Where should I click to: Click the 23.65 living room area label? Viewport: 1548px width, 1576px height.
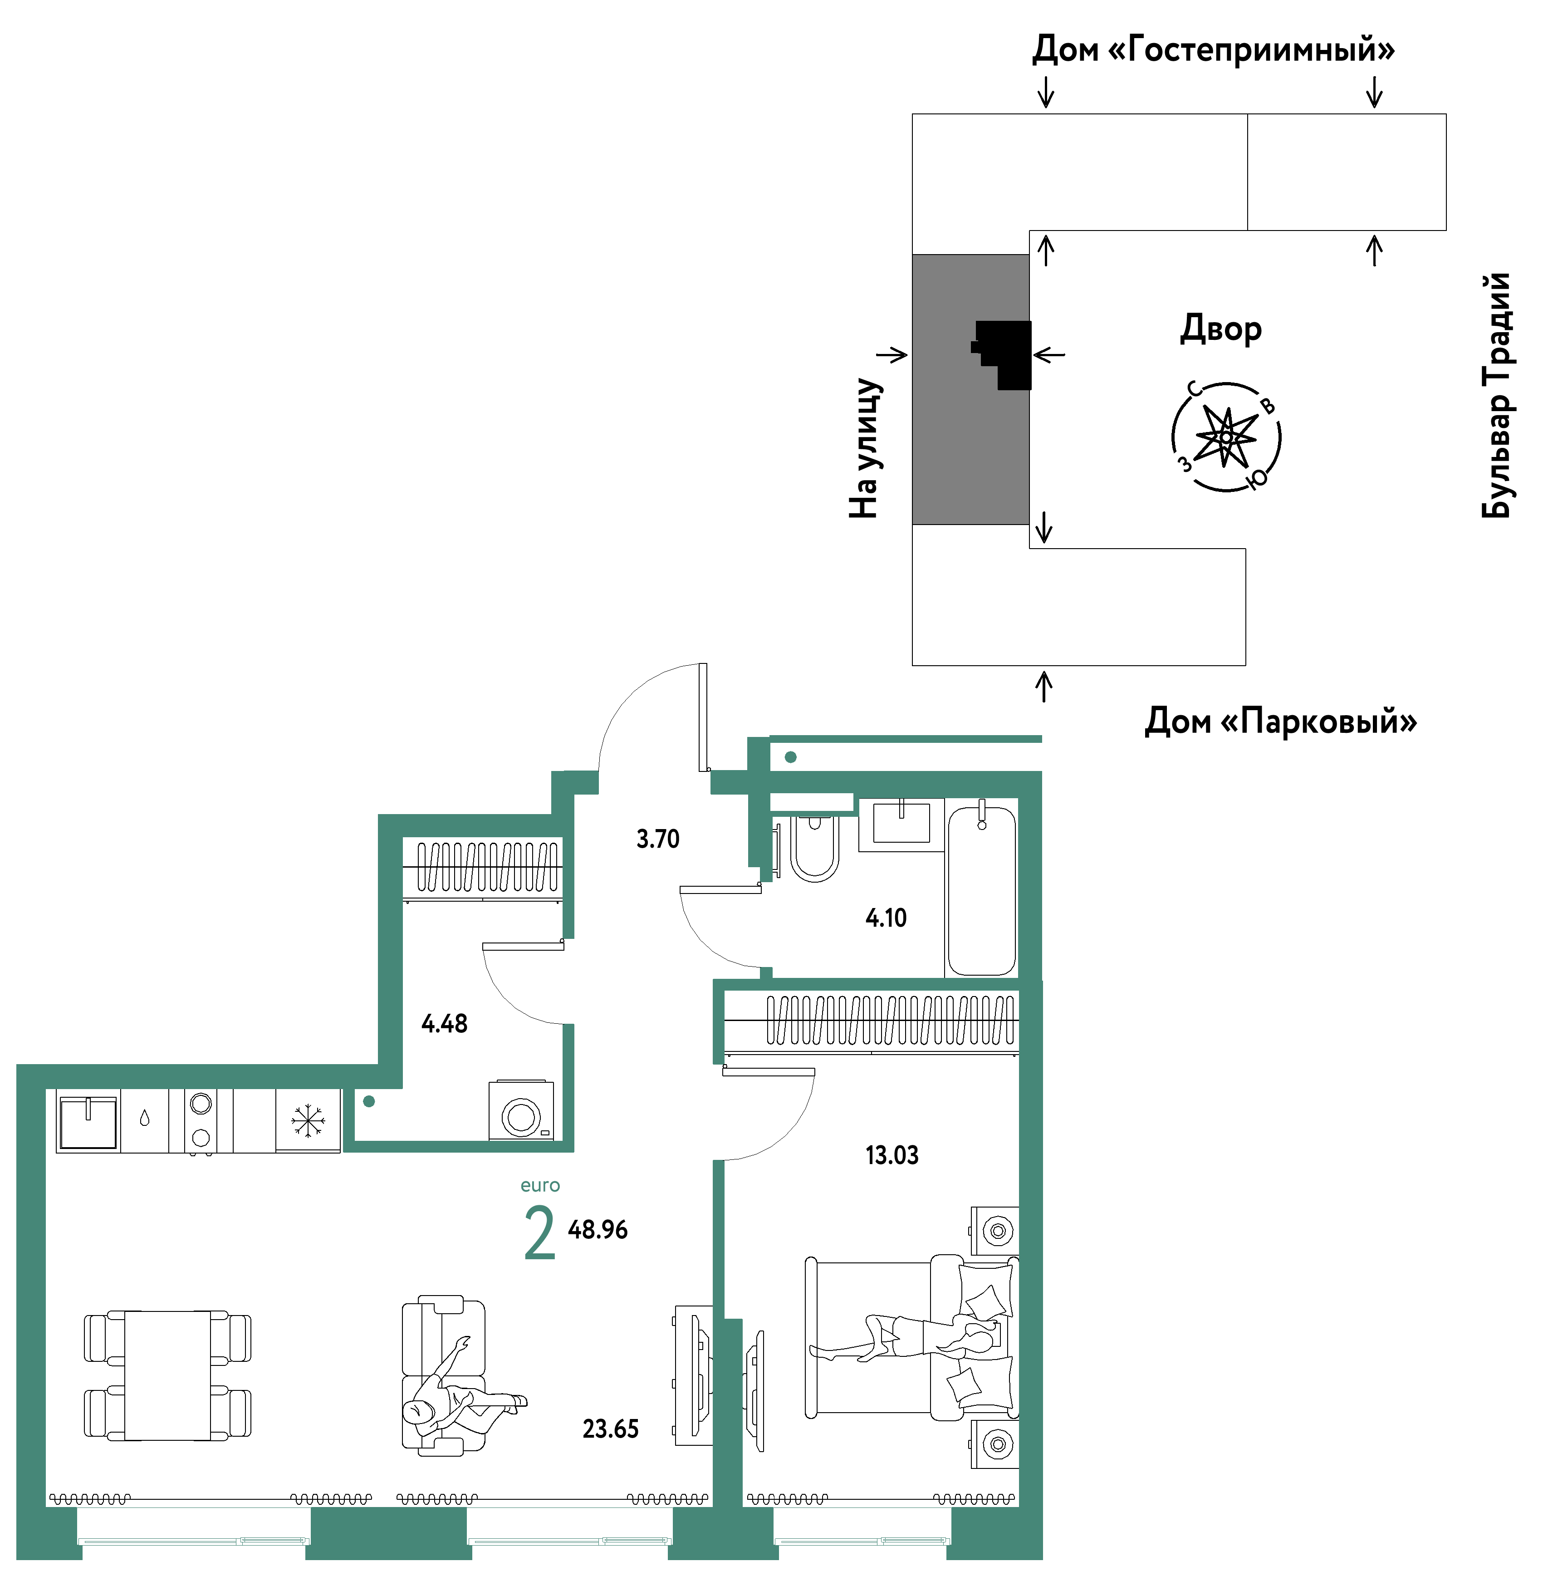click(611, 1429)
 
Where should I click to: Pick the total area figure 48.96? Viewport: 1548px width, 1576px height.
click(598, 1230)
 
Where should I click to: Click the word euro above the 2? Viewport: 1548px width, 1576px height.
click(540, 1186)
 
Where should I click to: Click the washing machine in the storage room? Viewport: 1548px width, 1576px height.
click(521, 1110)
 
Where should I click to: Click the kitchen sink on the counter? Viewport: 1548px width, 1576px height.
click(88, 1122)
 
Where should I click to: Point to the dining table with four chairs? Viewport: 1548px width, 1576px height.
click(167, 1375)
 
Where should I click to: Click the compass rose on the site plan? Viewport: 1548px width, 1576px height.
click(1226, 437)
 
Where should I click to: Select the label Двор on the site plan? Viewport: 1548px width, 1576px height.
click(1220, 329)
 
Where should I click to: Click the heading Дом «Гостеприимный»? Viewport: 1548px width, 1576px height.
click(1213, 49)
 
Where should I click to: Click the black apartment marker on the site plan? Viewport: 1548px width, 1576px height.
click(1003, 354)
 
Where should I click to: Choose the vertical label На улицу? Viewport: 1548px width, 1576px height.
click(864, 448)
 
